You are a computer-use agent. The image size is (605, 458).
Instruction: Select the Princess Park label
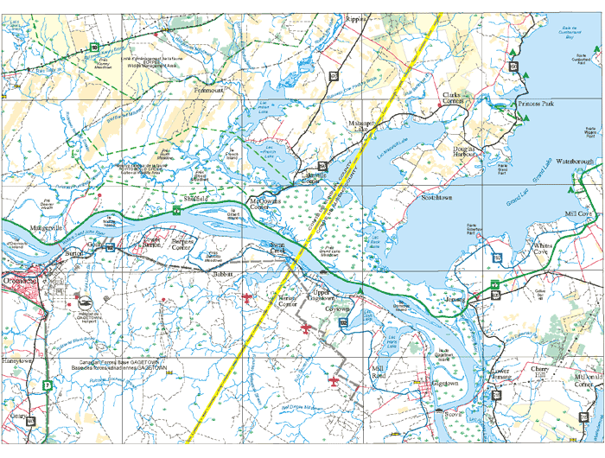pos(535,103)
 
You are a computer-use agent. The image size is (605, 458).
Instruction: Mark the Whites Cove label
pos(547,250)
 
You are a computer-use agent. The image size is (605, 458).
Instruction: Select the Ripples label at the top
pos(356,18)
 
